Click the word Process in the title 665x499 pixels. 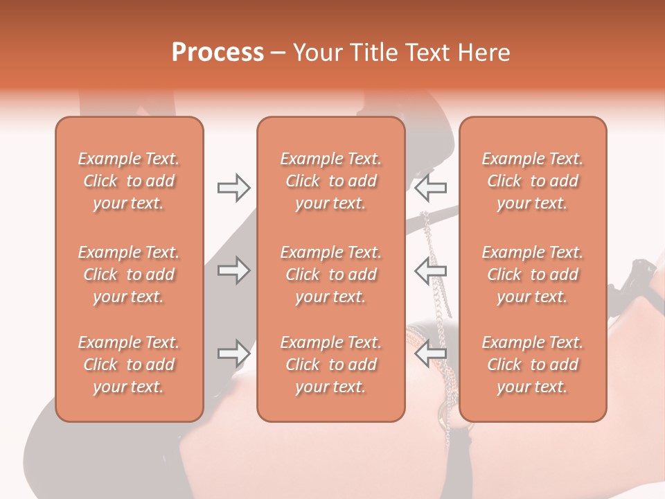[x=218, y=53]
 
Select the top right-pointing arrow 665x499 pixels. [x=233, y=187]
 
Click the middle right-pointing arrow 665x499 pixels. [x=233, y=270]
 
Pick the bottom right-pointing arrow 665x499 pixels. [x=233, y=353]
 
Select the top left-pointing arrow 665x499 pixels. [x=430, y=187]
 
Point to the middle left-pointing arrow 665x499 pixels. [x=430, y=270]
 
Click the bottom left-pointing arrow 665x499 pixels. [x=430, y=353]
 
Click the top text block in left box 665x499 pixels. [x=129, y=181]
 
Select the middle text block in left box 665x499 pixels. [x=129, y=274]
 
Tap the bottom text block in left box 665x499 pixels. [x=129, y=365]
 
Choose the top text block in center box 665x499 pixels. [x=330, y=181]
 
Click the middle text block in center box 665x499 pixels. [x=330, y=274]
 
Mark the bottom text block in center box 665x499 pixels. [x=330, y=365]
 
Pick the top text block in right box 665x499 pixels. [x=532, y=181]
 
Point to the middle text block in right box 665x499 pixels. [x=532, y=274]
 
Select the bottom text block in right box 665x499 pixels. [x=532, y=365]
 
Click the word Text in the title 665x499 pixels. [x=429, y=53]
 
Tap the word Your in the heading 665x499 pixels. [x=317, y=53]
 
